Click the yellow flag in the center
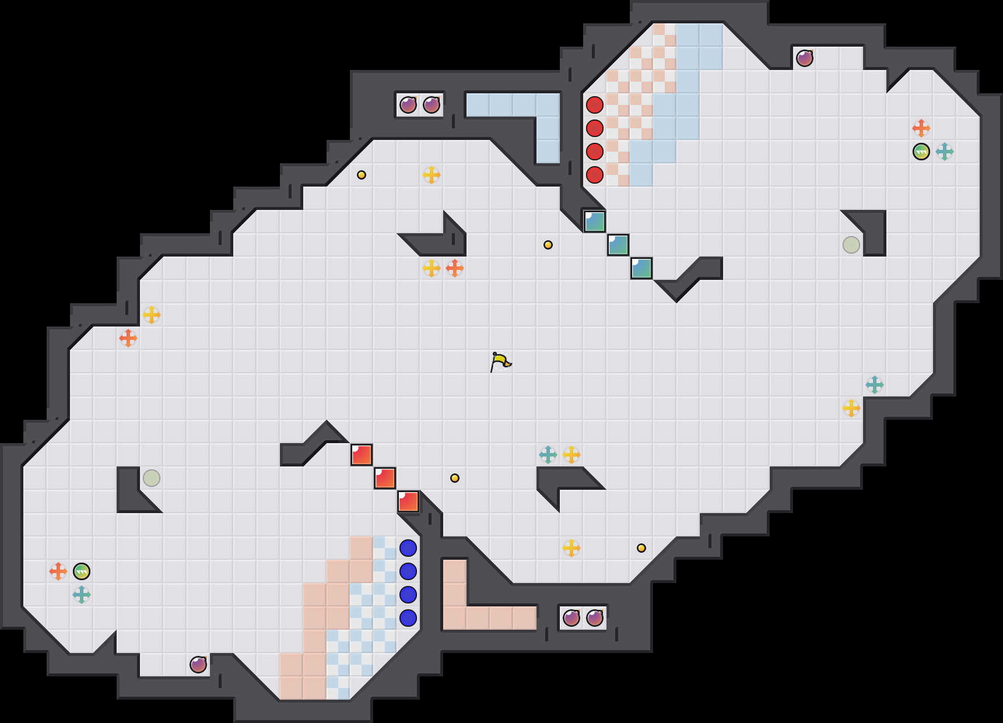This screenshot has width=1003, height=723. point(500,361)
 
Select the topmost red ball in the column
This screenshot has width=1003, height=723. point(594,105)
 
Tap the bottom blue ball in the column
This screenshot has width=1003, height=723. point(408,617)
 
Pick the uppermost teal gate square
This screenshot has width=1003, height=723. point(595,222)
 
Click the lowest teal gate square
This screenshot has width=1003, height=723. point(641,268)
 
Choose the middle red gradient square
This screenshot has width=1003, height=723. point(385,478)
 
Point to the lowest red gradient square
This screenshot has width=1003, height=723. point(408,501)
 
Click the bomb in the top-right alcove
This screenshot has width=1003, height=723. point(805,58)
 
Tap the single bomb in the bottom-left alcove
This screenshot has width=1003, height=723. point(198,664)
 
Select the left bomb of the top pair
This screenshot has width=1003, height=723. point(408,105)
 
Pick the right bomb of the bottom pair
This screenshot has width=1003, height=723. point(595,617)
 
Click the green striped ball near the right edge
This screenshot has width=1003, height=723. point(921,152)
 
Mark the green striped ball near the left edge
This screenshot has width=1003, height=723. point(82,571)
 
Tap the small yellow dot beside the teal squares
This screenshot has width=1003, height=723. point(548,245)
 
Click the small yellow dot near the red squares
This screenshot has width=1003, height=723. point(455,478)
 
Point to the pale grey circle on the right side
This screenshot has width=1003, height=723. point(851,245)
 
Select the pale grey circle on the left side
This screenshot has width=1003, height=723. point(152,478)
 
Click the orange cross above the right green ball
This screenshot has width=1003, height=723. point(921,128)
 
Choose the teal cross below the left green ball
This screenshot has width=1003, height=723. point(82,595)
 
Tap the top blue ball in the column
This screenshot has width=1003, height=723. point(408,548)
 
